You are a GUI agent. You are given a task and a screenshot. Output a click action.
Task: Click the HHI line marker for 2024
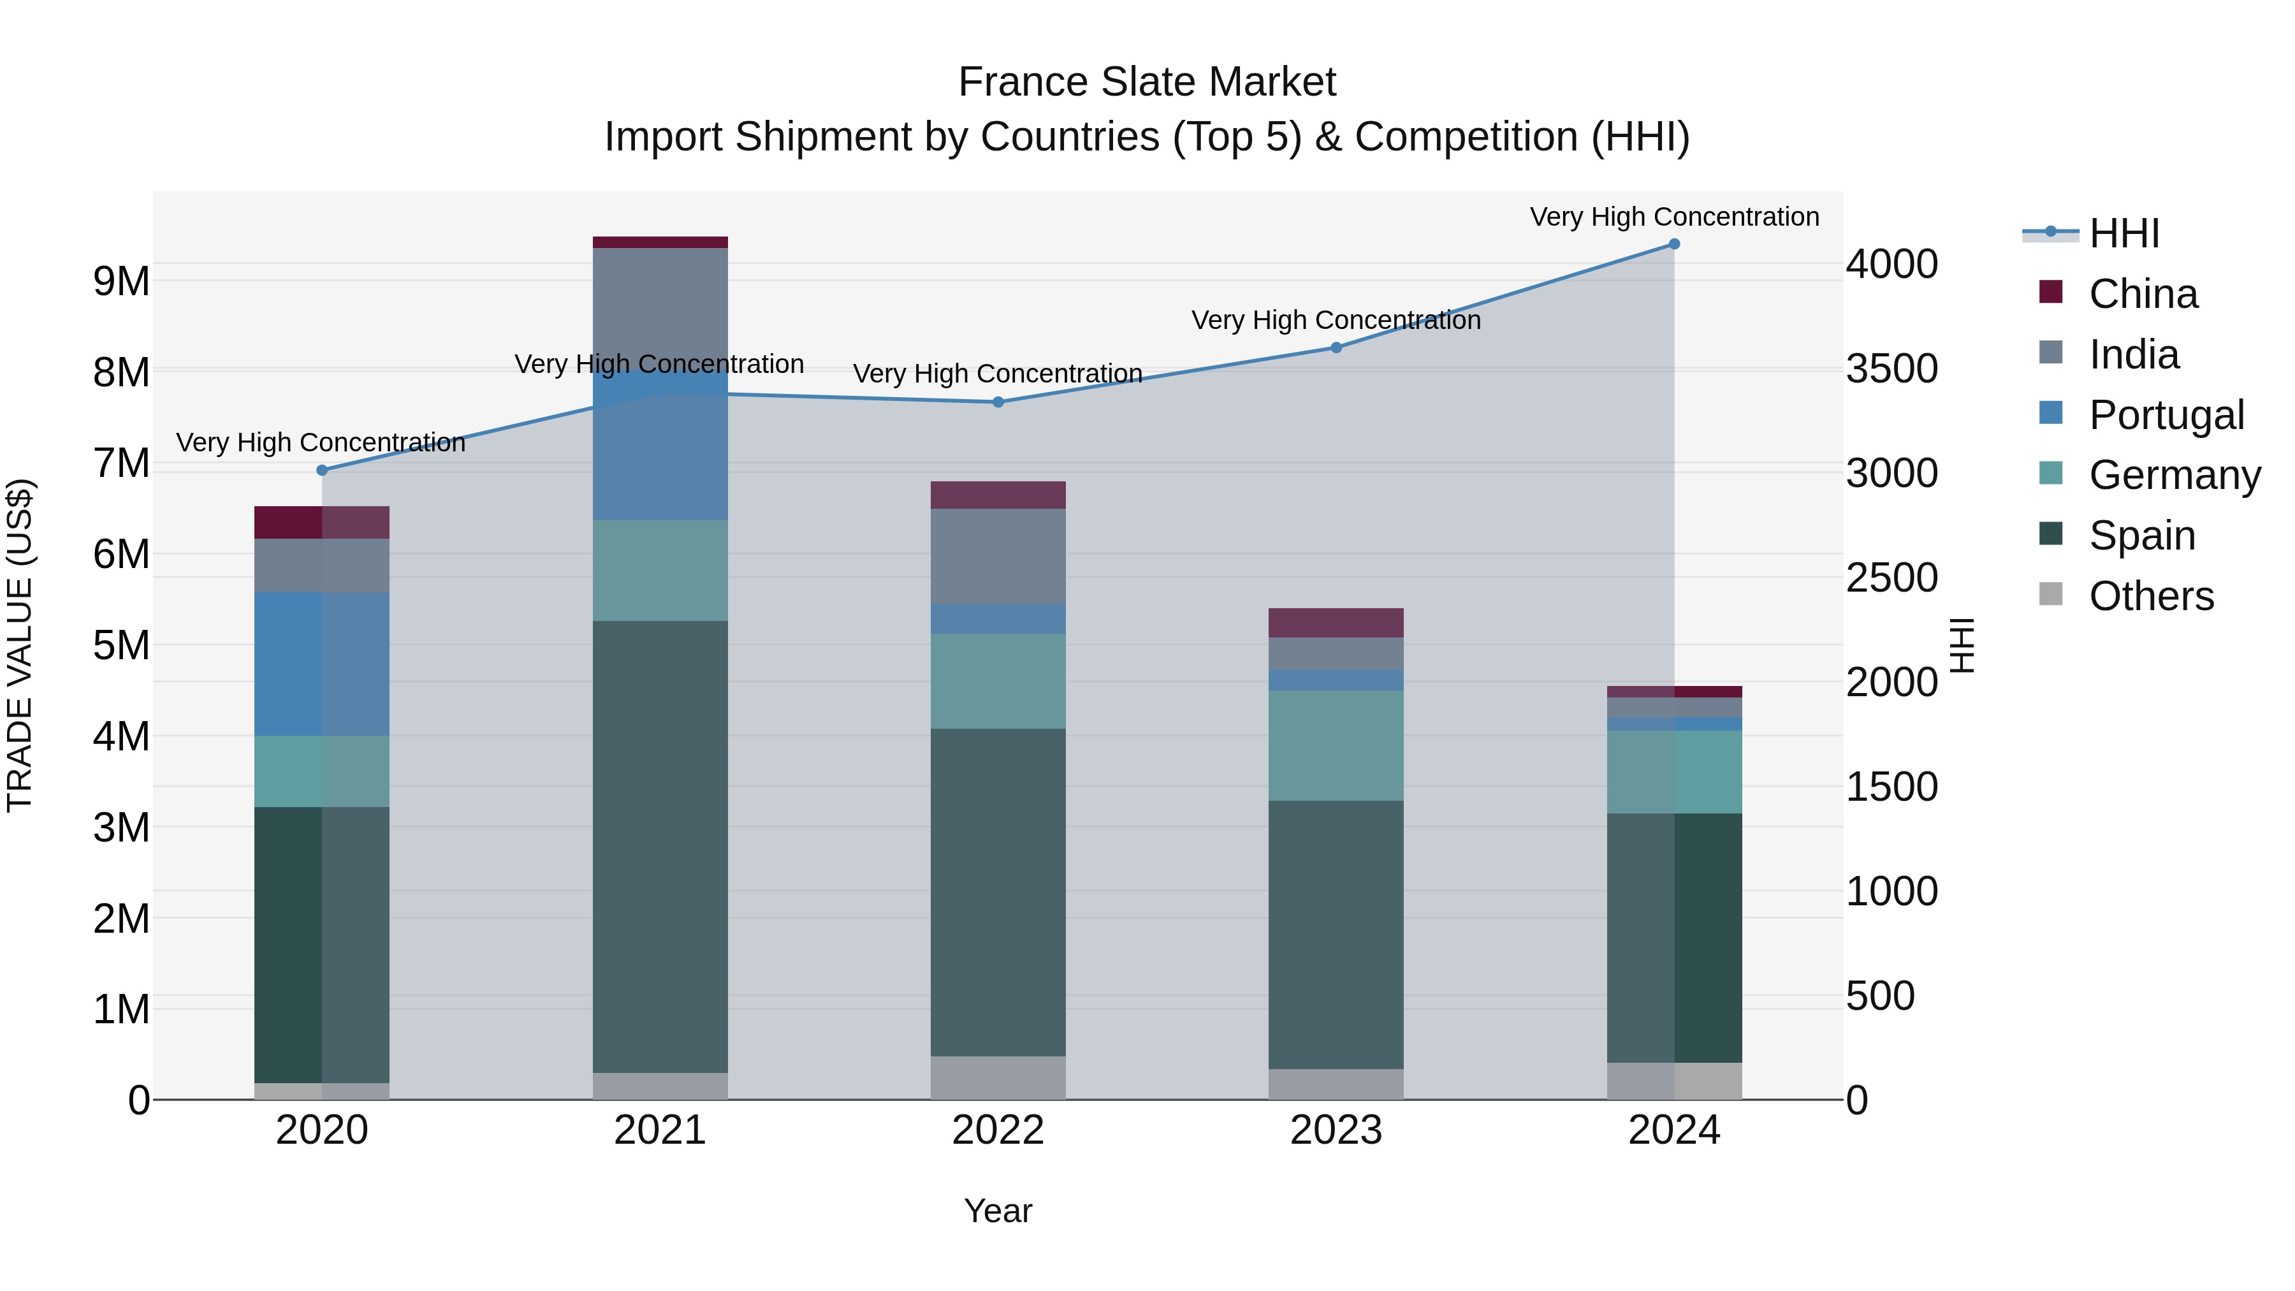(1674, 244)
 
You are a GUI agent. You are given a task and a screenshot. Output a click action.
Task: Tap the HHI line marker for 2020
(323, 470)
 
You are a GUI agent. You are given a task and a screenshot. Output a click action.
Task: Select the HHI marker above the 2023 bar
(1336, 347)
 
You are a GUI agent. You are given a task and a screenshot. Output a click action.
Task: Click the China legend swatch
(2051, 292)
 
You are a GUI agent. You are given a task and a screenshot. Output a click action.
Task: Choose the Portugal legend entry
(2166, 415)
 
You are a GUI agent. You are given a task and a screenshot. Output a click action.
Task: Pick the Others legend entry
(2151, 596)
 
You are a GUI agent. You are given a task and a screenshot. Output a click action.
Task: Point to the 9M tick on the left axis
(121, 282)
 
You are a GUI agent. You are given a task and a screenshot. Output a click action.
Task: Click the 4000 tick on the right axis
(1891, 264)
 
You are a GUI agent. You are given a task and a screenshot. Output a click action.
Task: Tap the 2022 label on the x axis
(998, 1130)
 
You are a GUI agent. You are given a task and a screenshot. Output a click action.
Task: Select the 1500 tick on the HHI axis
(1891, 787)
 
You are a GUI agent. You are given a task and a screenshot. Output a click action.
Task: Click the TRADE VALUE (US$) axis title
(20, 645)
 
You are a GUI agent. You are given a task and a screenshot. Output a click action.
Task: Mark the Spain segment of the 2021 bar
(660, 847)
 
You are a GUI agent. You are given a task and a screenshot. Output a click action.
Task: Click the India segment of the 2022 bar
(998, 556)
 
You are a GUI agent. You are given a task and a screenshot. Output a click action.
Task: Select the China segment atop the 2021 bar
(660, 242)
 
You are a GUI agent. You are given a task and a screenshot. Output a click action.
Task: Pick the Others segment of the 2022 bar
(998, 1078)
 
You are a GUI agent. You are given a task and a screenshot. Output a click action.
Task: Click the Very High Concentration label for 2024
(1674, 217)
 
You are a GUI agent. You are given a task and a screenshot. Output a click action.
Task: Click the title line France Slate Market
(1147, 82)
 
